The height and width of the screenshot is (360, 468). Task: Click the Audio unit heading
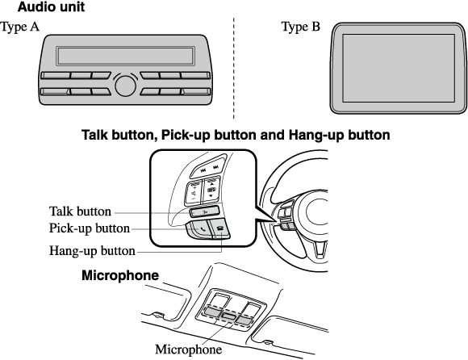(51, 7)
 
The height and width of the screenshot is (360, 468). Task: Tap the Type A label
(19, 27)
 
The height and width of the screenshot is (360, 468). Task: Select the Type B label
(301, 27)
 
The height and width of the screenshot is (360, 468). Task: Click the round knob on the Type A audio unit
(125, 86)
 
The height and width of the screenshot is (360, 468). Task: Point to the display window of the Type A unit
(125, 56)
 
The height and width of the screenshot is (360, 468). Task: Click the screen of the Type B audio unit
(399, 68)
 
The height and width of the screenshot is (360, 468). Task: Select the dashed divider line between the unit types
(234, 68)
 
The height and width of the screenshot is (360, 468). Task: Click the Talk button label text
(80, 211)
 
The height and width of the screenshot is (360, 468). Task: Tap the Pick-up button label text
(90, 228)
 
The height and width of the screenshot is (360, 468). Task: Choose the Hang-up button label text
(92, 251)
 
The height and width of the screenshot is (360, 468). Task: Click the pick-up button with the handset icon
(199, 229)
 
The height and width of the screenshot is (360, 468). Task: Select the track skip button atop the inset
(210, 170)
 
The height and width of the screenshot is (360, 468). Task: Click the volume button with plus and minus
(194, 192)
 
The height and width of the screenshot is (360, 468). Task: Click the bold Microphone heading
(120, 275)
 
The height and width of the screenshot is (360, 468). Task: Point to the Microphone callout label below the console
(188, 350)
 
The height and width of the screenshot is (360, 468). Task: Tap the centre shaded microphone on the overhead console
(229, 316)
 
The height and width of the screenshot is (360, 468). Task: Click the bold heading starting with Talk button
(236, 135)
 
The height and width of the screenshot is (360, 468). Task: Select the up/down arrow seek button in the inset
(211, 190)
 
